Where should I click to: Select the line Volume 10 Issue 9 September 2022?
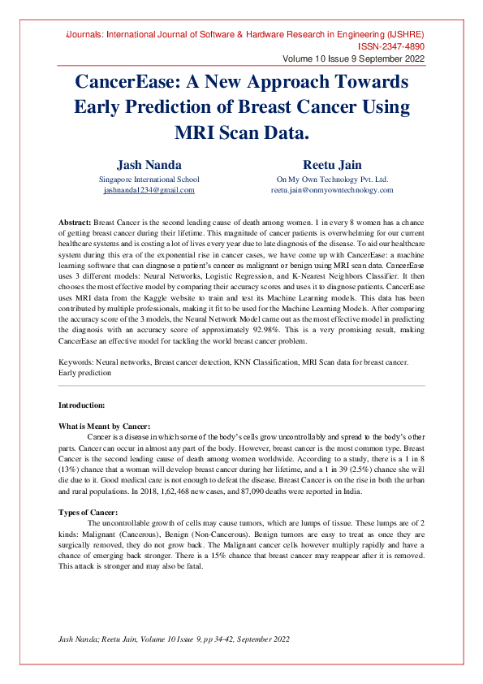click(x=353, y=59)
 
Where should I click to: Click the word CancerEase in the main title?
click(x=127, y=82)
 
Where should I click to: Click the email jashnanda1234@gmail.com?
click(x=149, y=190)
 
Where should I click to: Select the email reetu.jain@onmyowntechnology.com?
click(x=332, y=190)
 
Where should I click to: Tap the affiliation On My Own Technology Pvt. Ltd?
click(x=332, y=180)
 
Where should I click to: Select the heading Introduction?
click(x=81, y=404)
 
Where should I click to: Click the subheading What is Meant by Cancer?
click(x=104, y=426)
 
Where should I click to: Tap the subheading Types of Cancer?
click(x=88, y=512)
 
